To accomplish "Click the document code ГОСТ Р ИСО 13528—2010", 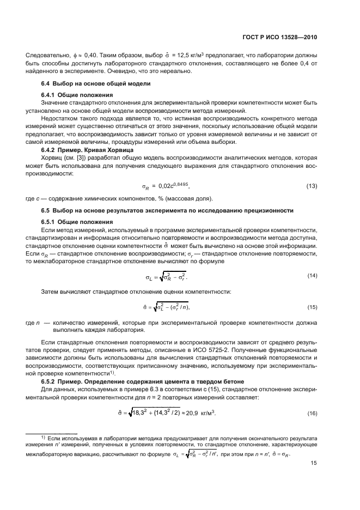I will [x=279, y=38].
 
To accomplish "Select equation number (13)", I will [x=312, y=186].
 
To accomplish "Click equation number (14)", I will [x=312, y=276].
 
